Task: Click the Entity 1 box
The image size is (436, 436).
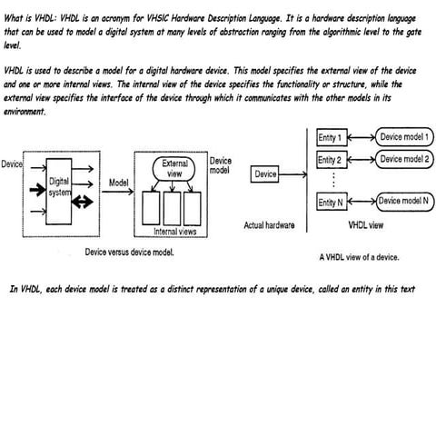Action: coord(330,138)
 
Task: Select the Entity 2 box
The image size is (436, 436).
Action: coord(330,160)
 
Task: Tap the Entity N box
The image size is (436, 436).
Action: coord(330,202)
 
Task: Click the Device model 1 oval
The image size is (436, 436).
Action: coord(404,137)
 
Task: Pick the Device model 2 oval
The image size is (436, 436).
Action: coord(404,159)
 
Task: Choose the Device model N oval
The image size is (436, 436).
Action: coord(404,201)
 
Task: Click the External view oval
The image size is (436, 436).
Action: coord(174,169)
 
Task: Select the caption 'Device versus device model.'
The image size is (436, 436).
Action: coord(128,252)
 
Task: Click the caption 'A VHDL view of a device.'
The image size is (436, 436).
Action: coord(359,257)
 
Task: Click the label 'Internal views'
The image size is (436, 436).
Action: coord(177,232)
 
